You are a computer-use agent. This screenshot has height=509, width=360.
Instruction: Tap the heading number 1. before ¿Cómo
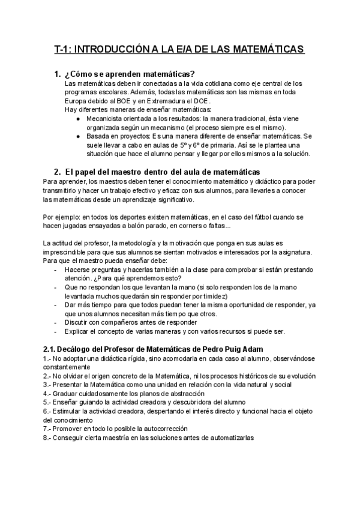58,74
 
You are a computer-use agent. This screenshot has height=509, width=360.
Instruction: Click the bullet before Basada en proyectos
79,136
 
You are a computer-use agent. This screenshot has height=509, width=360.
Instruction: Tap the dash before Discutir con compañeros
56,322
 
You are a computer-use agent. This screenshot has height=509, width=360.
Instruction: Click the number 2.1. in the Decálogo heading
52,349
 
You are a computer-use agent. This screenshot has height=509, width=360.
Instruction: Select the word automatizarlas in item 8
227,438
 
